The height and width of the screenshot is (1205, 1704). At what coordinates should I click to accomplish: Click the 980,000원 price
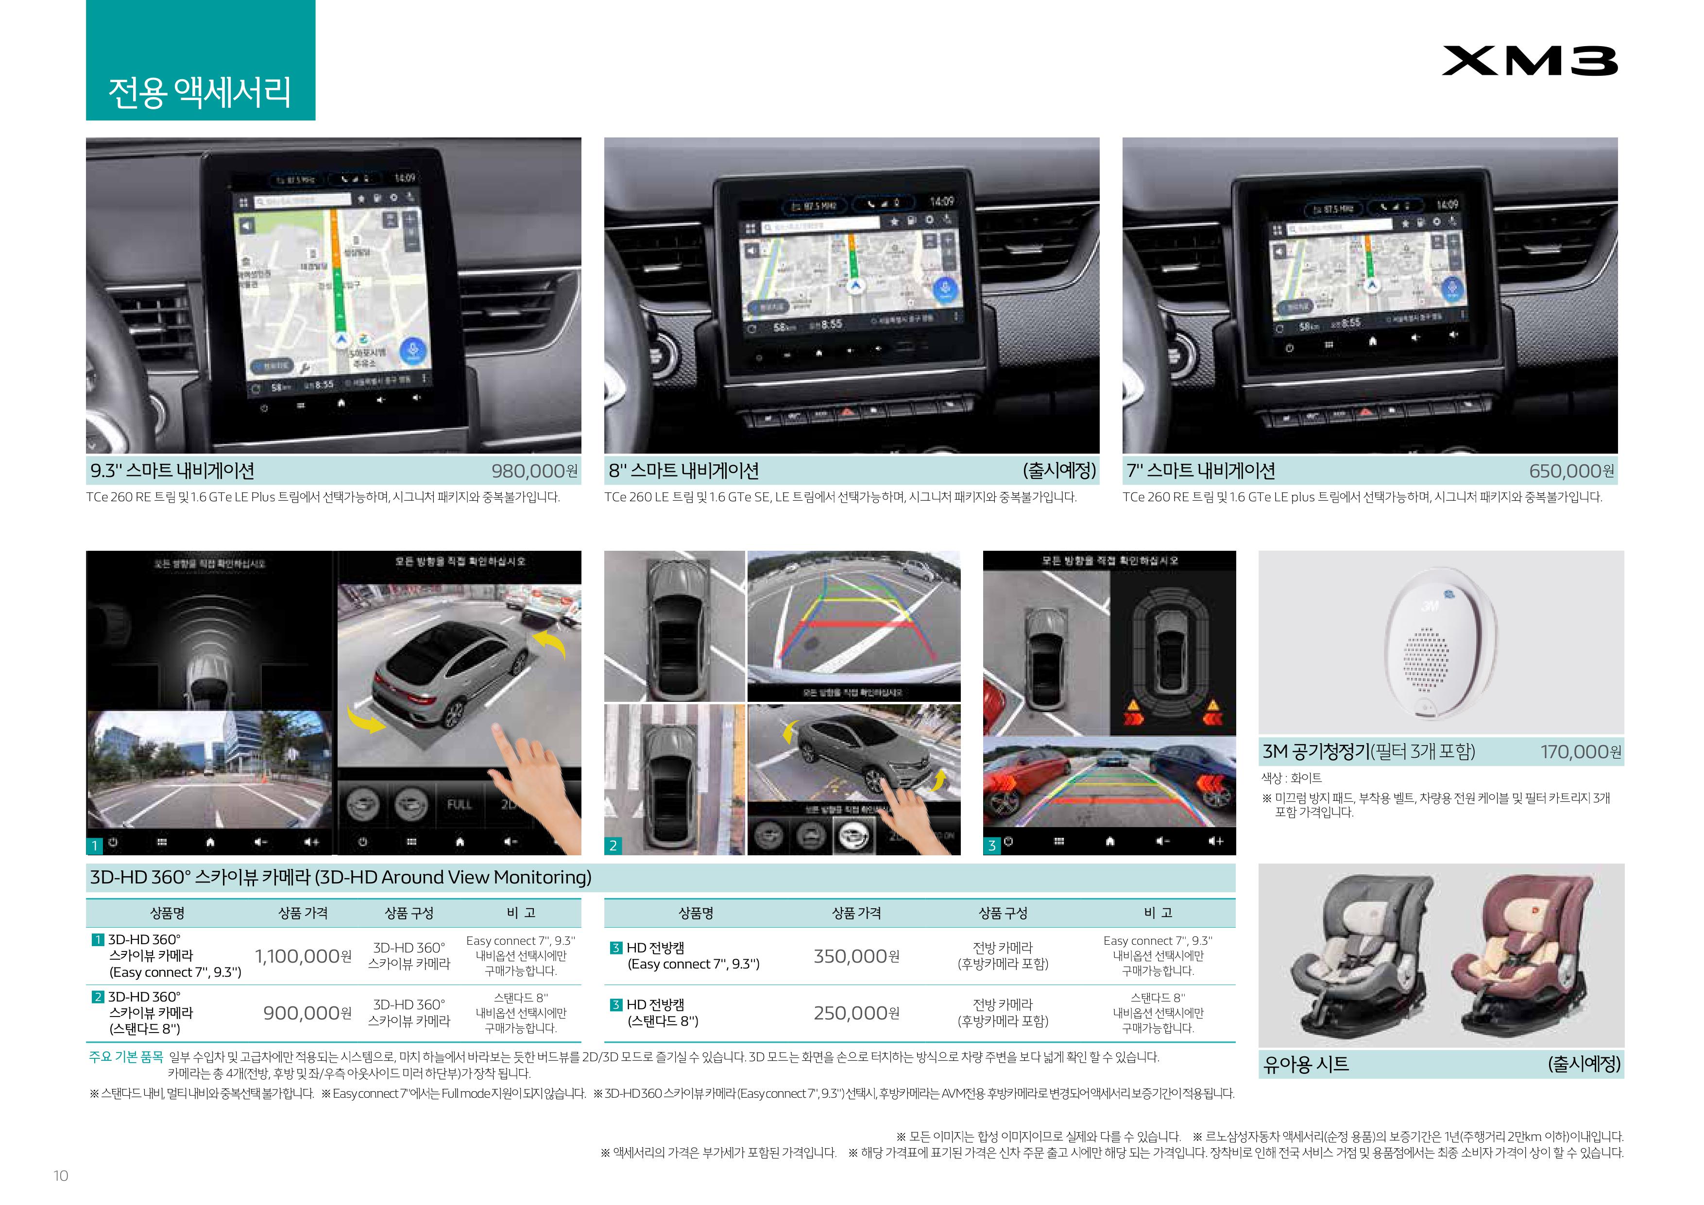[x=534, y=471]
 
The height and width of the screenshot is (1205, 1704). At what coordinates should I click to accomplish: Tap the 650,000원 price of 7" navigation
[x=1570, y=471]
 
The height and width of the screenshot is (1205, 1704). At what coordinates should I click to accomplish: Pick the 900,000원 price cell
[x=307, y=1013]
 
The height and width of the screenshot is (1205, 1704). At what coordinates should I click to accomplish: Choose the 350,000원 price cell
[x=856, y=956]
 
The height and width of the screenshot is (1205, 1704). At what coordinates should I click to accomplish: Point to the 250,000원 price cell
[x=856, y=1013]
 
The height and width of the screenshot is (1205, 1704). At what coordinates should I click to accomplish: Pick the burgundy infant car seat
[x=1521, y=957]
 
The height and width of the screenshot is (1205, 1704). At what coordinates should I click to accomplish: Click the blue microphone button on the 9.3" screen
[x=413, y=350]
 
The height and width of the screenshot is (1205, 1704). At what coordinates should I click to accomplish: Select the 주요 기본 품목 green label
[x=125, y=1056]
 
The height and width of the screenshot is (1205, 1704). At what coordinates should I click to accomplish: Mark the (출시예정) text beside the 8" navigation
[x=1059, y=471]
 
